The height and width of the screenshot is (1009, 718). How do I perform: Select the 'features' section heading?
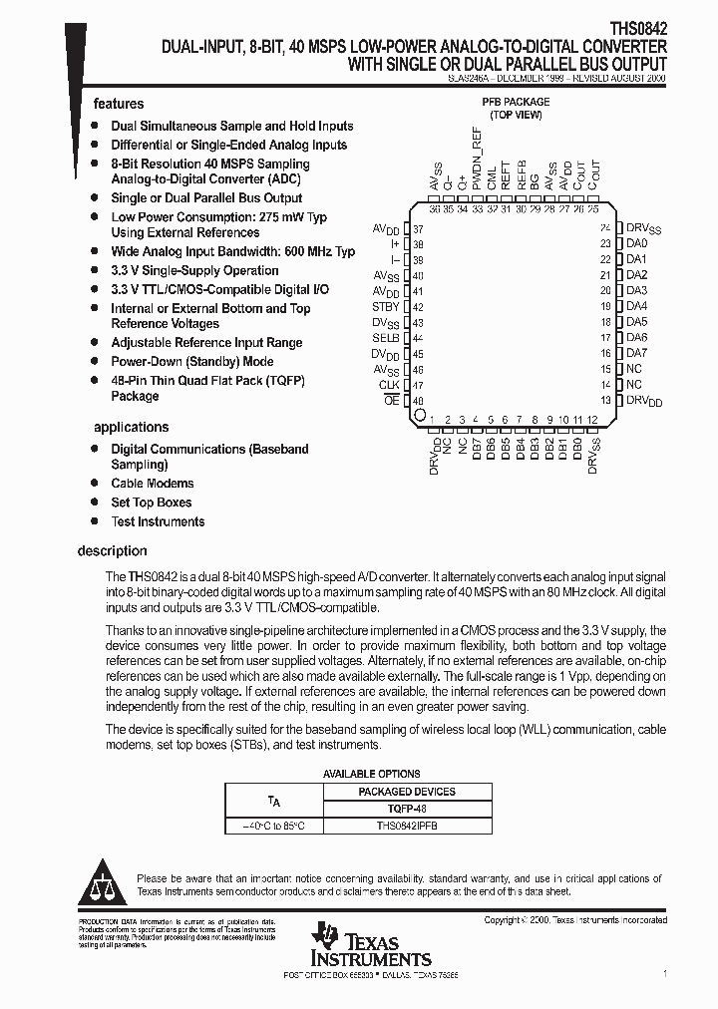click(x=119, y=104)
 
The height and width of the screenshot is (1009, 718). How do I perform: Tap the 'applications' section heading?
click(x=131, y=427)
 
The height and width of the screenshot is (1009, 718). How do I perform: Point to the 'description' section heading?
click(x=113, y=550)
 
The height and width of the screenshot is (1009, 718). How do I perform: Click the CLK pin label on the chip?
click(x=388, y=385)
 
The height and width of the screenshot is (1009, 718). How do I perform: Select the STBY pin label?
click(x=385, y=307)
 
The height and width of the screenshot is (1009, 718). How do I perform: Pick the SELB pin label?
click(x=385, y=338)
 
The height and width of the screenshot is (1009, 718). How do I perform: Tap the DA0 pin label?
click(x=636, y=243)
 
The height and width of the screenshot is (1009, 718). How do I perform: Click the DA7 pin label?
click(x=636, y=353)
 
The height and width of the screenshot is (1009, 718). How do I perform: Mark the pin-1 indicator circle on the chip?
click(x=420, y=414)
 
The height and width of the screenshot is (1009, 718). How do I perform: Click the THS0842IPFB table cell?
click(x=407, y=827)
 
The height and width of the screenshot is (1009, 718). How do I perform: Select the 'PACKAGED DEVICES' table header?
click(x=407, y=792)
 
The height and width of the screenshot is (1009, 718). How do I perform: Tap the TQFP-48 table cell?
click(x=407, y=809)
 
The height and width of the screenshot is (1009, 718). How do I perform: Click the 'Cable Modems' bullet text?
click(x=153, y=484)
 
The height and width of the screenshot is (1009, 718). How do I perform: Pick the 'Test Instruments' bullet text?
click(x=158, y=521)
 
